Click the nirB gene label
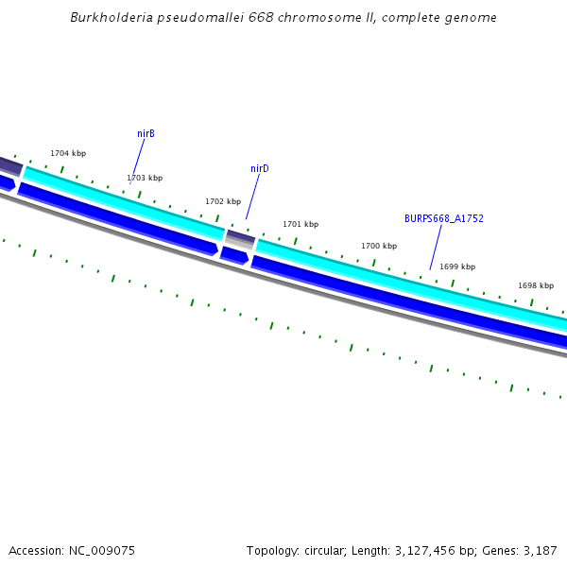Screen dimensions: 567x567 [146, 134]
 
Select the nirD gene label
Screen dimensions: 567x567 [260, 168]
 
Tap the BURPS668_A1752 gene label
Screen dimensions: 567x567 [444, 218]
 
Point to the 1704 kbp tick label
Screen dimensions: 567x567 [68, 153]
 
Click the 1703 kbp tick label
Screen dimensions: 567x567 [145, 178]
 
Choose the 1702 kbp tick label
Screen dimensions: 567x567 [223, 201]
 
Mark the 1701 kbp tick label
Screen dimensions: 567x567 [301, 224]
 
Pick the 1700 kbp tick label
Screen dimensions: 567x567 [379, 246]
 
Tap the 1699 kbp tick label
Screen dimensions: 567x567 [457, 266]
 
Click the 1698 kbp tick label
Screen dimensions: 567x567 [536, 285]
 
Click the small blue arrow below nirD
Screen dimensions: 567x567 [233, 255]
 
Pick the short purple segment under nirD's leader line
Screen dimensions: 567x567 [240, 236]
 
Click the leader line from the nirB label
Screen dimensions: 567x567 [139, 158]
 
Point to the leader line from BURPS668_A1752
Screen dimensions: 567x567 [437, 248]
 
